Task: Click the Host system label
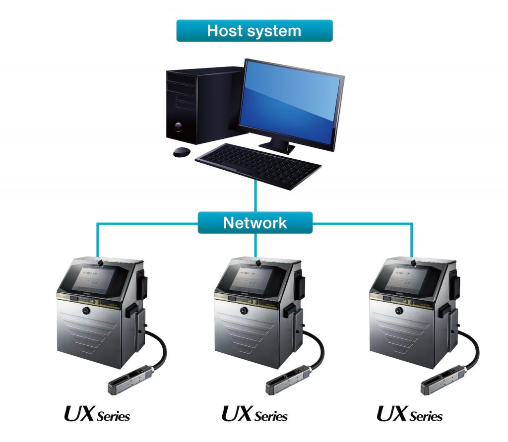[254, 31]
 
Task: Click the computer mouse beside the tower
[182, 152]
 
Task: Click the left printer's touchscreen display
[97, 278]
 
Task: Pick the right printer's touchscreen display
[409, 278]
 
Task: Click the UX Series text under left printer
[97, 414]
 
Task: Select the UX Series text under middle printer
[254, 414]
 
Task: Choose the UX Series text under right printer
[410, 414]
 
